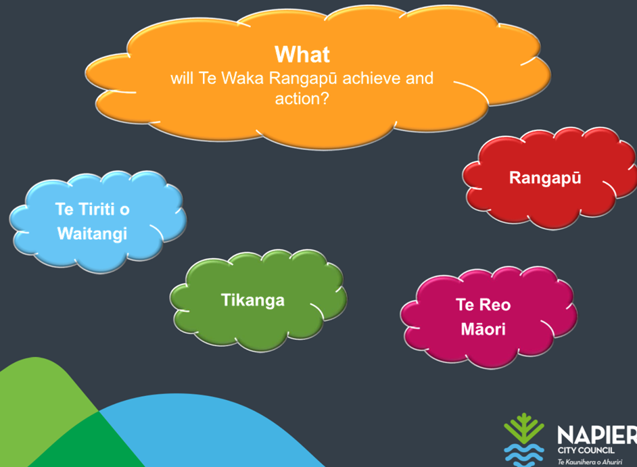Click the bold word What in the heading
pyautogui.click(x=302, y=55)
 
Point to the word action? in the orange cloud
pyautogui.click(x=302, y=99)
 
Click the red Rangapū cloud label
pyautogui.click(x=545, y=178)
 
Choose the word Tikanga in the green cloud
pyautogui.click(x=253, y=301)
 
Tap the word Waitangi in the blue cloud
pyautogui.click(x=92, y=234)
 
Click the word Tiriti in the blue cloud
pyautogui.click(x=96, y=210)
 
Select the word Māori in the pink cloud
pyautogui.click(x=483, y=329)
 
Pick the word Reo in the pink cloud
pyautogui.click(x=495, y=305)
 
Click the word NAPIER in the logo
pyautogui.click(x=597, y=435)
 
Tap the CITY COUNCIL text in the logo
pyautogui.click(x=586, y=450)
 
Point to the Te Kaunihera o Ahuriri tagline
pyautogui.click(x=590, y=462)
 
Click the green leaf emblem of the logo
pyautogui.click(x=523, y=429)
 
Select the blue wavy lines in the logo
pyautogui.click(x=523, y=456)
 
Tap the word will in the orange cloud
pyautogui.click(x=182, y=78)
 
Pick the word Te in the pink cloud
pyautogui.click(x=465, y=305)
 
